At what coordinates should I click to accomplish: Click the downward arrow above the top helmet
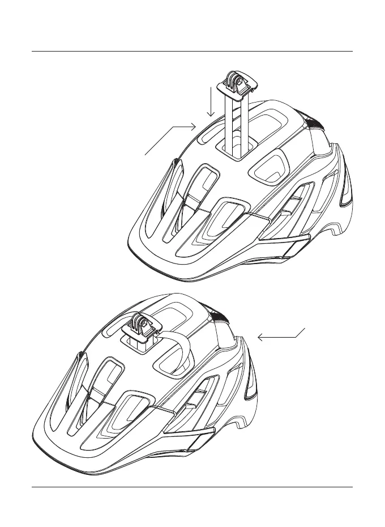click(211, 102)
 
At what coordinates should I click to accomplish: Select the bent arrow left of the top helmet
click(170, 139)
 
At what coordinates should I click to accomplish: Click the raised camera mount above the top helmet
click(237, 85)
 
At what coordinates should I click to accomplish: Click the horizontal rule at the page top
click(192, 52)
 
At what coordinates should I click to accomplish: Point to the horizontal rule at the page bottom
click(192, 487)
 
